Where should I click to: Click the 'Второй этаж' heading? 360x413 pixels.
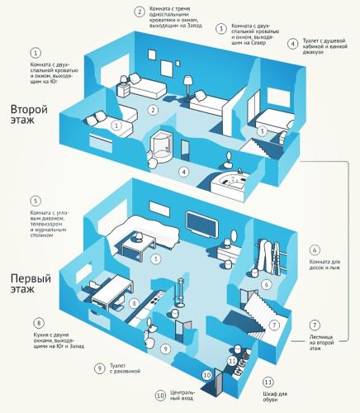click(x=29, y=114)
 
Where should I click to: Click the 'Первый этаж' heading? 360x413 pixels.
click(x=31, y=283)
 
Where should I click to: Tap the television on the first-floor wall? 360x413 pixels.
click(x=202, y=224)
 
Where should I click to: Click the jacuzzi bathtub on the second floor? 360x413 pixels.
click(x=230, y=183)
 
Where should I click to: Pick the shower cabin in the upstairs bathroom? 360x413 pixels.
click(x=162, y=146)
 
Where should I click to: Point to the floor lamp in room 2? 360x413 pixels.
click(x=188, y=88)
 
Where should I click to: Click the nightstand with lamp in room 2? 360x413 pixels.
click(x=124, y=88)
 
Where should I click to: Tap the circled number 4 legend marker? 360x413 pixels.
click(x=293, y=44)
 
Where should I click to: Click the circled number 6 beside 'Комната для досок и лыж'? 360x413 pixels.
click(x=315, y=250)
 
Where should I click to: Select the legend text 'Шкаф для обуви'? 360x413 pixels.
click(x=275, y=397)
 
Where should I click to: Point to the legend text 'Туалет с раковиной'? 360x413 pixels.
click(x=125, y=368)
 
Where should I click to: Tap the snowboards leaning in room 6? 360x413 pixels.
click(x=263, y=254)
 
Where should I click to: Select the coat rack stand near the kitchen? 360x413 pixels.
click(x=181, y=292)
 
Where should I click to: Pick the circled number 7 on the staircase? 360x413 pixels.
click(x=274, y=325)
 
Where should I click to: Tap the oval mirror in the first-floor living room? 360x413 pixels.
click(x=234, y=236)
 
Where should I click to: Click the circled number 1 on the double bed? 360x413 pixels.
click(x=116, y=126)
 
